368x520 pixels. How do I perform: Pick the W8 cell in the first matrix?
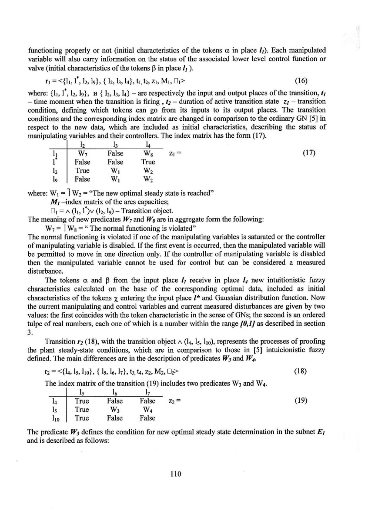point(148,153)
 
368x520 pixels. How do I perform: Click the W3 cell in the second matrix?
point(115,409)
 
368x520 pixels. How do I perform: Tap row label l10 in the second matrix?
point(54,418)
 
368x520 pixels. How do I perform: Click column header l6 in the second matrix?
point(115,392)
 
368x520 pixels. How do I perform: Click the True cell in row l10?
point(82,418)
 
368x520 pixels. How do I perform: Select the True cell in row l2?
point(82,170)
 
